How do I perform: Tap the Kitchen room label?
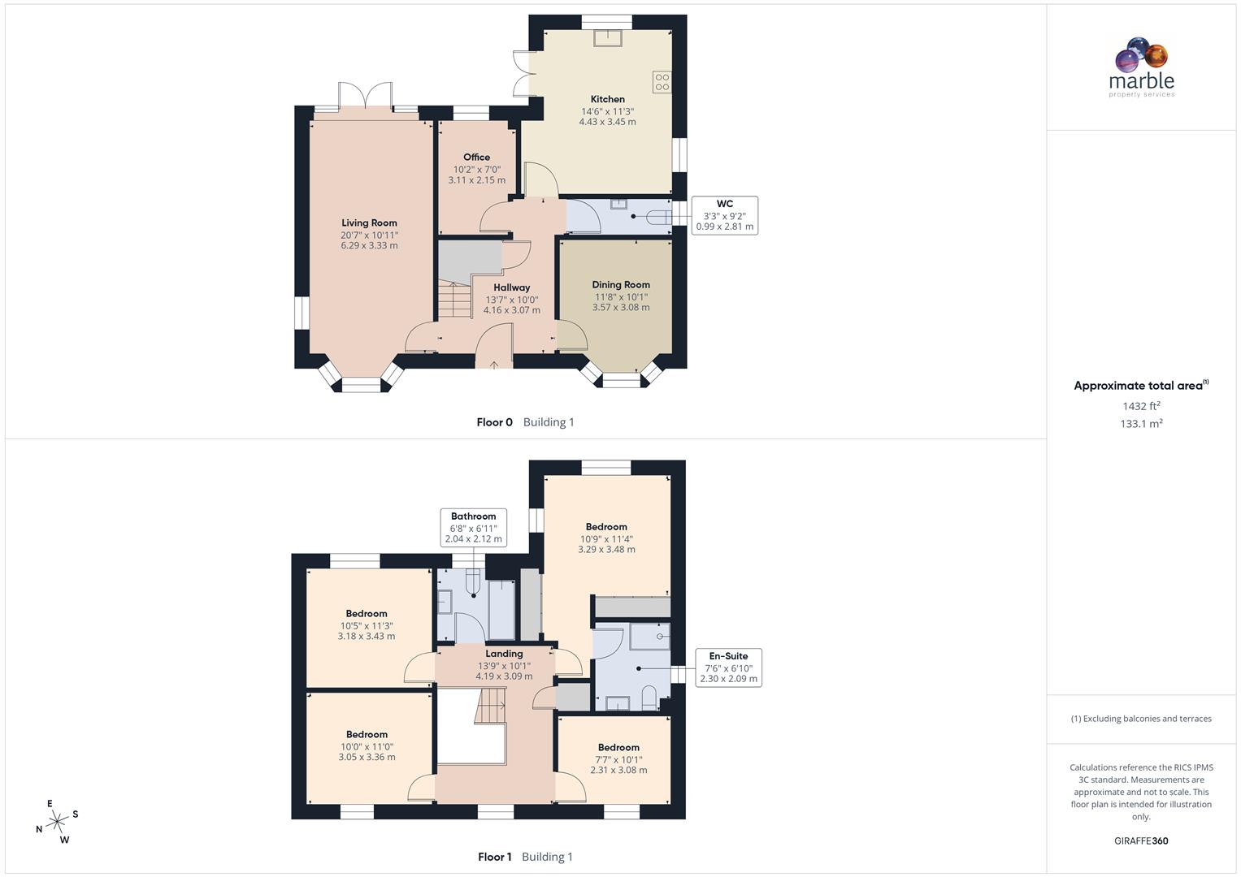(607, 99)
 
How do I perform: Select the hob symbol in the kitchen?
(662, 81)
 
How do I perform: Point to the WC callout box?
(724, 215)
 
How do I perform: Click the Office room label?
(476, 158)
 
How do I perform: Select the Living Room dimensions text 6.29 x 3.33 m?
(369, 245)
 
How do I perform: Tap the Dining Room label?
(620, 285)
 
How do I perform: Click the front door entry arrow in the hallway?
(494, 365)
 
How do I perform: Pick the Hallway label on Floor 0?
(511, 287)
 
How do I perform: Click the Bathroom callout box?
(473, 527)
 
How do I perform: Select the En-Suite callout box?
(728, 667)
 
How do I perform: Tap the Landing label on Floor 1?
(504, 654)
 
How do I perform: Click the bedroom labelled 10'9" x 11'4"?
(606, 538)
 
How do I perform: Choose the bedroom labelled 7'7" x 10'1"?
(618, 758)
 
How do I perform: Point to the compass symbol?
(57, 822)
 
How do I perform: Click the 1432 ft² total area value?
(1141, 406)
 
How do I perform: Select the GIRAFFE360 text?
(1141, 840)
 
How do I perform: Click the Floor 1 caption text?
(494, 857)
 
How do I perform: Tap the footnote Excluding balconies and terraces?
(1141, 719)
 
